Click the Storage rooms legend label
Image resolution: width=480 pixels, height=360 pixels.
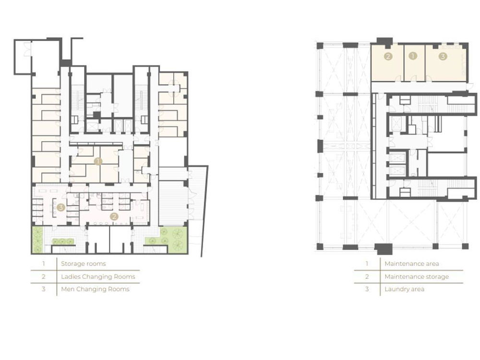point(83,264)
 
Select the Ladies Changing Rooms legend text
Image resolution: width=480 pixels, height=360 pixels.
point(98,277)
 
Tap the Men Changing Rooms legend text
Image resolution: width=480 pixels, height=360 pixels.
point(95,289)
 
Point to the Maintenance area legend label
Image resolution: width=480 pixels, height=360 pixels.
point(412,264)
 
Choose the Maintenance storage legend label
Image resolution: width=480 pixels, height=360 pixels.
point(417,277)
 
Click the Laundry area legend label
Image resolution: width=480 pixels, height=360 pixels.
point(404,289)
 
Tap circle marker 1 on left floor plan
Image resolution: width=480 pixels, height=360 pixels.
point(98,161)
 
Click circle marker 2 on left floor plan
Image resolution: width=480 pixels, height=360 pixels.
point(114,217)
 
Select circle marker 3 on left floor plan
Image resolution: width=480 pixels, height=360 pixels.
point(61,207)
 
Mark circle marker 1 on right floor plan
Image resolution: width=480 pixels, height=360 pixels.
point(413,56)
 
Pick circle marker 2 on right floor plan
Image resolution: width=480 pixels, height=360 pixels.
point(388,56)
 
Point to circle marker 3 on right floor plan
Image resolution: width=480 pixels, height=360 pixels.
point(443,56)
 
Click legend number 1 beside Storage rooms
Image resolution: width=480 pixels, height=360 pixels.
point(44,264)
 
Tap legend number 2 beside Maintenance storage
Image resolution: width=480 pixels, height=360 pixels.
point(367,277)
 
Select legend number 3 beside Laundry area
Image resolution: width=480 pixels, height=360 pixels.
point(367,289)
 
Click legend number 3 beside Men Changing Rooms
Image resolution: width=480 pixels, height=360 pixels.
point(44,289)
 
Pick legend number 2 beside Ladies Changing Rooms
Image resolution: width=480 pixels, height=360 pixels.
point(44,277)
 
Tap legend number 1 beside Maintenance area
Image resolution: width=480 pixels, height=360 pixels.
point(367,264)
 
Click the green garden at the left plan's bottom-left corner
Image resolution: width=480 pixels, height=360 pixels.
point(37,240)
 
